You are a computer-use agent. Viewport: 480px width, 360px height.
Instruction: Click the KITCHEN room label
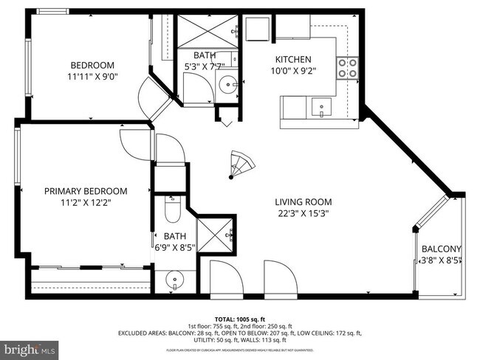293,60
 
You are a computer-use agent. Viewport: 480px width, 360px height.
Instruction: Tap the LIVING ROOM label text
303,201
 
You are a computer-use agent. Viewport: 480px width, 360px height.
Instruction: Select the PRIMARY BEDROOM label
86,190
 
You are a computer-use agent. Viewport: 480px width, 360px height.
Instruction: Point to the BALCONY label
441,249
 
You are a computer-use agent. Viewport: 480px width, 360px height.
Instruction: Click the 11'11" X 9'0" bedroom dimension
92,75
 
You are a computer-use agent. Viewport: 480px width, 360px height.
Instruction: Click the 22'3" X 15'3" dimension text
302,214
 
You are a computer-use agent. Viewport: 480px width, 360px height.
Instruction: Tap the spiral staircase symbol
239,164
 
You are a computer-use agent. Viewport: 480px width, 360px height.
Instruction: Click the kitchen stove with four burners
346,68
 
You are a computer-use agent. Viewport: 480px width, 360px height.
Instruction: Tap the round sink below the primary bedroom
174,280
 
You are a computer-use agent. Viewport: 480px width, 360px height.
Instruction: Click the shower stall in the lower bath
217,235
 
